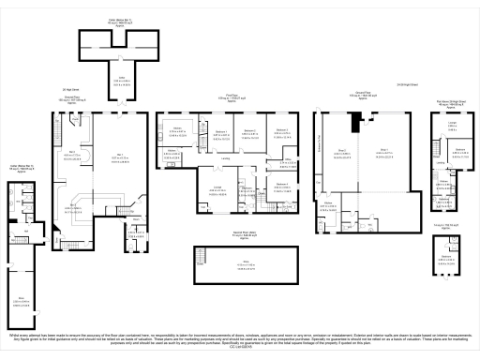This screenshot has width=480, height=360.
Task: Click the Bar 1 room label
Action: coord(120,157)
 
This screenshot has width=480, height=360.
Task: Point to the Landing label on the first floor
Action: coord(225,158)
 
